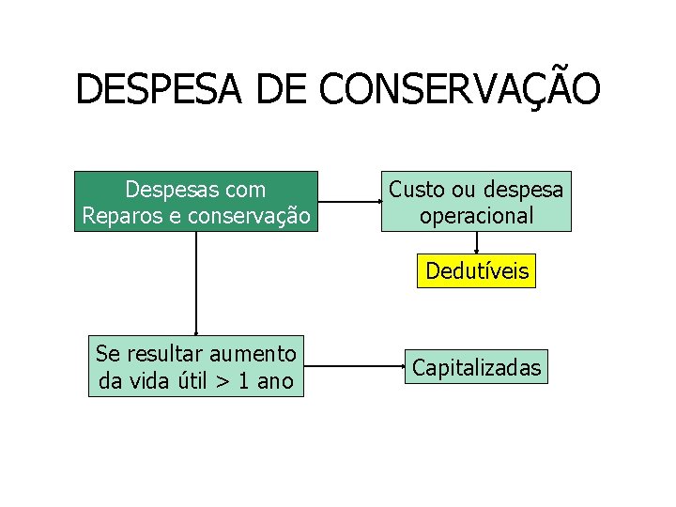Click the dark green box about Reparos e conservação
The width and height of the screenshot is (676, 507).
click(x=196, y=202)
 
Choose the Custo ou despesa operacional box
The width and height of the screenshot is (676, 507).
click(x=476, y=202)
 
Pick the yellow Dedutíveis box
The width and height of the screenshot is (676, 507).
click(x=477, y=272)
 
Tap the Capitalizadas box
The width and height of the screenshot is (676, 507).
click(x=477, y=367)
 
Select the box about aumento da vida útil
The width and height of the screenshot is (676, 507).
click(x=196, y=367)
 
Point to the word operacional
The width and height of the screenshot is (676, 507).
click(x=477, y=216)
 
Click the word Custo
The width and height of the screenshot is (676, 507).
click(x=417, y=190)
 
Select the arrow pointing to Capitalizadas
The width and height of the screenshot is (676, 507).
click(x=354, y=366)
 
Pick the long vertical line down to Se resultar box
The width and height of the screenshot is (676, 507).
click(x=196, y=282)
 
